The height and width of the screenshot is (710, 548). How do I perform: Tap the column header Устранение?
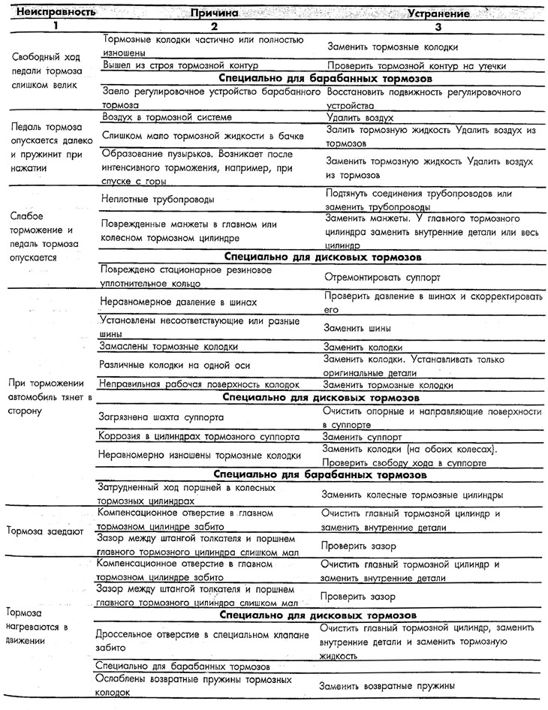(438, 14)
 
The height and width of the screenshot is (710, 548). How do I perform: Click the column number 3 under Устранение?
(439, 27)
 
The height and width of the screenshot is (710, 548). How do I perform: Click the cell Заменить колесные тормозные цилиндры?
(411, 495)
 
